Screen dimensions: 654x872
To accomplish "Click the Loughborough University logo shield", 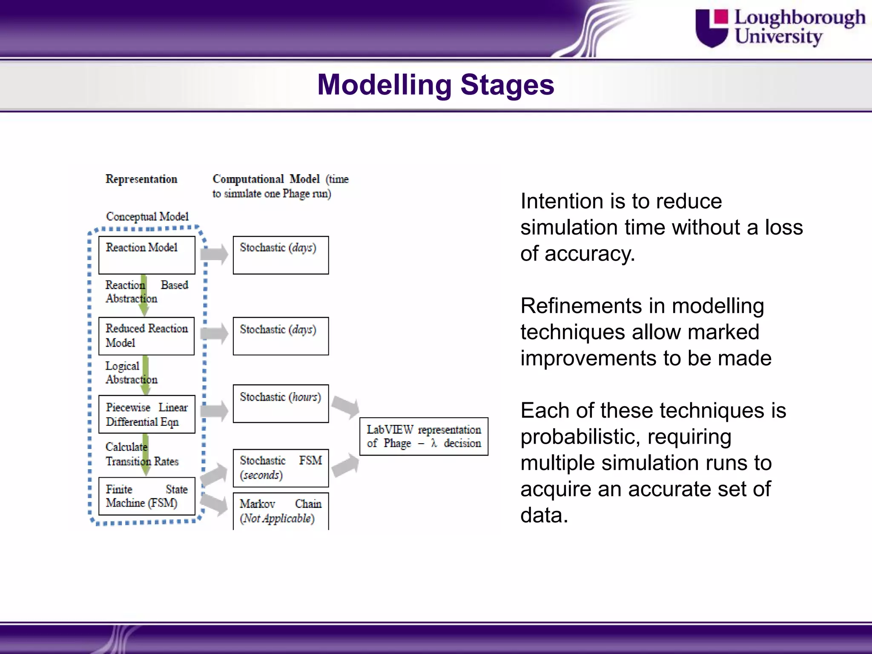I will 712,28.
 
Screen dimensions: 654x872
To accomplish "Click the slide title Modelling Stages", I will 436,85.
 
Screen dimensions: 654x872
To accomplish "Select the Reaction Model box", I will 146,255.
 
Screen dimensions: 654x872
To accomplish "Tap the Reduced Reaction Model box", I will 146,336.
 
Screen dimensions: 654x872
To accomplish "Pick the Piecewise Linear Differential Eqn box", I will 146,414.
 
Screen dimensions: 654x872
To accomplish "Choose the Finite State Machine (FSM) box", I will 146,496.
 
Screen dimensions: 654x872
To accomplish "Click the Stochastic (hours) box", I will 281,404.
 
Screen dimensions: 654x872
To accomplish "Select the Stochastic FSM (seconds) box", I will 281,468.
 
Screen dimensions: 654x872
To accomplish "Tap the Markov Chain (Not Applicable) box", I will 281,511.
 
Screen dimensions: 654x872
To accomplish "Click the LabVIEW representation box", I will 424,436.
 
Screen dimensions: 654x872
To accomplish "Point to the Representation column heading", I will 141,179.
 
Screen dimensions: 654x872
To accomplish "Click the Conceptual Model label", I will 147,217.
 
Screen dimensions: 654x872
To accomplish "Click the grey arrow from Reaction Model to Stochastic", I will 215,255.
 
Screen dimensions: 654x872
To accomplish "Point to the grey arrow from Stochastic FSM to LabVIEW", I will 345,465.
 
